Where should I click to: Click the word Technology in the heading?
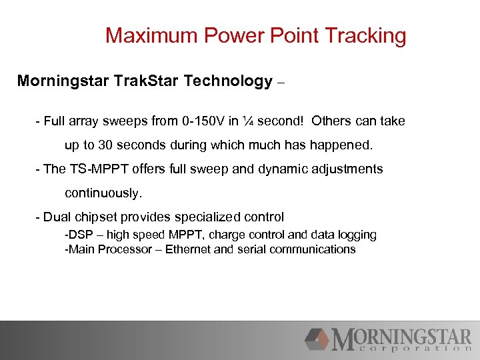click(x=228, y=81)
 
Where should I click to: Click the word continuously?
click(x=103, y=193)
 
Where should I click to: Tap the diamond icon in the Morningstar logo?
click(x=317, y=339)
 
